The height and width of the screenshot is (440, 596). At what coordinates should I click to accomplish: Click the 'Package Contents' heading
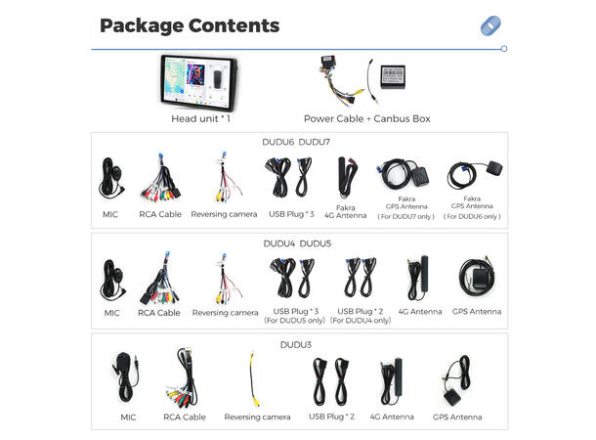[190, 25]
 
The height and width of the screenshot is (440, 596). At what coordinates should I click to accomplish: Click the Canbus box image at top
[394, 75]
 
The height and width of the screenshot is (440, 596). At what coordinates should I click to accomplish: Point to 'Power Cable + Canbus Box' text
[367, 118]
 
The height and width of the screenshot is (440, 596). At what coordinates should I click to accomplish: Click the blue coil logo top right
[490, 26]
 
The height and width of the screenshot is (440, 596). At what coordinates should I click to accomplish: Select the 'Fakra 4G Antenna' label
[345, 211]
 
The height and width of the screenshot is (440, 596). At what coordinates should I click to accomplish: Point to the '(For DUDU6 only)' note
[472, 216]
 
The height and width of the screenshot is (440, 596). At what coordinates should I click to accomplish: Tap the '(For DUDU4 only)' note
[360, 320]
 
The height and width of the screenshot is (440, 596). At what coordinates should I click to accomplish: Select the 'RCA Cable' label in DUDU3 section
[184, 417]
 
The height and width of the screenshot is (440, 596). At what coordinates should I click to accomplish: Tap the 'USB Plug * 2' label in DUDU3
[332, 417]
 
